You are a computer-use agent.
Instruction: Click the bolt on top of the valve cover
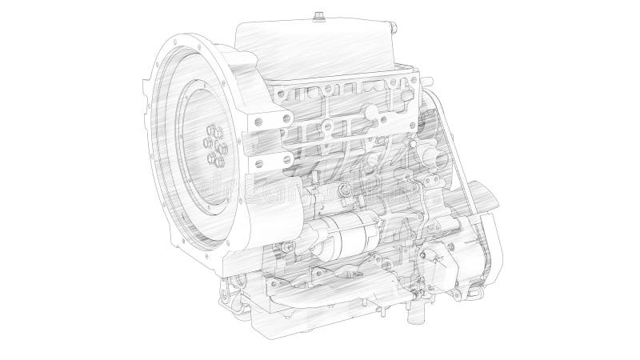320,14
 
